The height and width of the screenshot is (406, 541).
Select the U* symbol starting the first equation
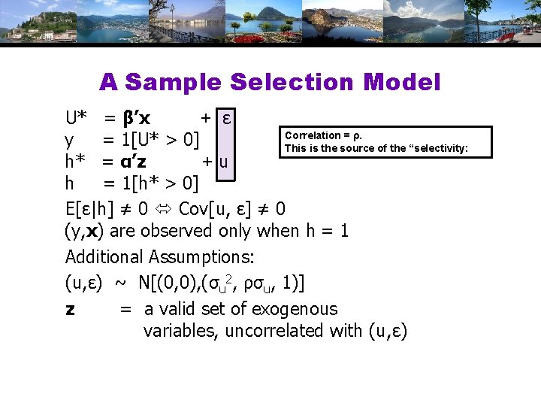pos(78,119)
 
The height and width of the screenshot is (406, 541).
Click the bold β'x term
pos(136,119)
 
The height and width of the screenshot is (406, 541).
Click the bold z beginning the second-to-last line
pos(71,309)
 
